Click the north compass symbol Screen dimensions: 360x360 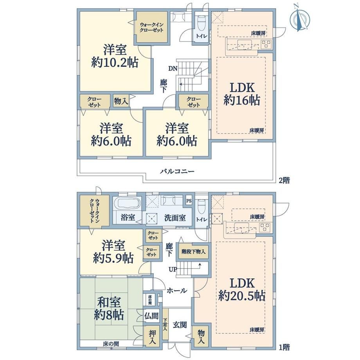pyautogui.click(x=300, y=18)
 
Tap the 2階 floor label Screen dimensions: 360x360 pyautogui.click(x=284, y=180)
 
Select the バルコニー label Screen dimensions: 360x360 pyautogui.click(x=178, y=171)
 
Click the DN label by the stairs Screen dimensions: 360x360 pyautogui.click(x=172, y=68)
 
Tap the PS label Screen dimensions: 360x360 pyautogui.click(x=189, y=201)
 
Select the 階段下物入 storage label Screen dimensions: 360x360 pyautogui.click(x=193, y=252)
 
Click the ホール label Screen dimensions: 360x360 pyautogui.click(x=176, y=291)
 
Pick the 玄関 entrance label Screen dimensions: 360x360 pyautogui.click(x=180, y=325)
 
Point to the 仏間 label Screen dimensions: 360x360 pyautogui.click(x=151, y=316)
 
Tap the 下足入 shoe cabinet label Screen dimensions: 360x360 pyautogui.click(x=165, y=324)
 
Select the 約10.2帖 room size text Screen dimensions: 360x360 pyautogui.click(x=115, y=62)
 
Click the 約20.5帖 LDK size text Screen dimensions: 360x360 pyautogui.click(x=242, y=296)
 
